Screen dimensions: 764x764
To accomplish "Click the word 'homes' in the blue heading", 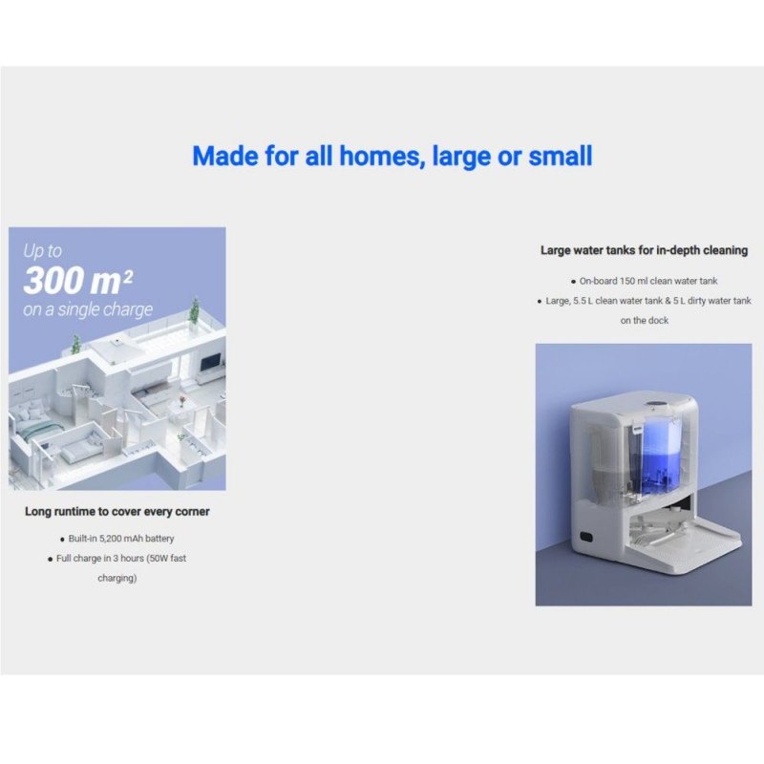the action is [x=379, y=156].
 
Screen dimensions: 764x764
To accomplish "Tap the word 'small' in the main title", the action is [x=561, y=156].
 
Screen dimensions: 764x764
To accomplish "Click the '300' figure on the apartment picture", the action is [x=58, y=281].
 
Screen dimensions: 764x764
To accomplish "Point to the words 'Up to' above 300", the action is [x=42, y=250].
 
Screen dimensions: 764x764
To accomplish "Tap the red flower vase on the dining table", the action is [x=182, y=400].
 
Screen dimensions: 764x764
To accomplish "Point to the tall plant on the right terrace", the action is [x=195, y=309].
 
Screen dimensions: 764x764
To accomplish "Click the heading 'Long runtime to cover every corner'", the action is [x=117, y=511].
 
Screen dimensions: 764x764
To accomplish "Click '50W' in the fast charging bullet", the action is [x=159, y=559].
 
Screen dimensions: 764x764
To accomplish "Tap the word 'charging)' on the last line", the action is [x=117, y=578].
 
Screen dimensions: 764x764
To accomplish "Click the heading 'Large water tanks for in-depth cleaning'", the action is [x=644, y=250].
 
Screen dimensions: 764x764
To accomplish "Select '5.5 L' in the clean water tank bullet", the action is [x=584, y=301].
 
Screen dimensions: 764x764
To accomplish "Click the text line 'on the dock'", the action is [x=644, y=321].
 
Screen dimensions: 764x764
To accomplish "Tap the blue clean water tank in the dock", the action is [x=665, y=458].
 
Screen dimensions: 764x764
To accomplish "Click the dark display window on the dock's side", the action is [x=586, y=538].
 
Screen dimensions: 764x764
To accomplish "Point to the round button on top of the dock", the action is [x=654, y=403].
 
